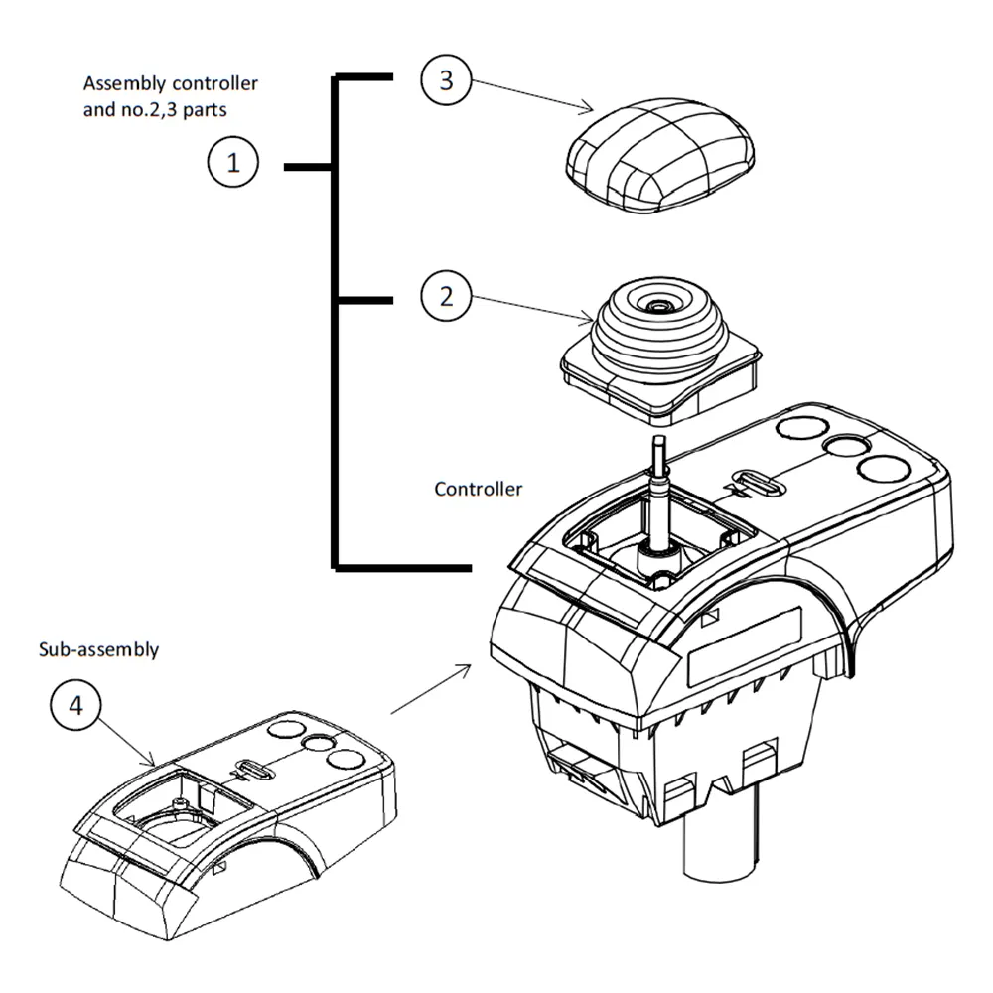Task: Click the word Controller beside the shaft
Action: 478,490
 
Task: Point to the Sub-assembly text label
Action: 98,650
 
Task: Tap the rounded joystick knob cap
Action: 660,159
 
